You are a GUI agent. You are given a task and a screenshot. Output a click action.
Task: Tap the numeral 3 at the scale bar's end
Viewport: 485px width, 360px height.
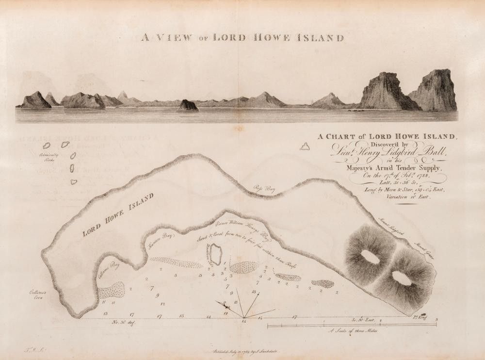(436, 319)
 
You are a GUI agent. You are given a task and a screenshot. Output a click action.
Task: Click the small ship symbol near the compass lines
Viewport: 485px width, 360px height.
(225, 304)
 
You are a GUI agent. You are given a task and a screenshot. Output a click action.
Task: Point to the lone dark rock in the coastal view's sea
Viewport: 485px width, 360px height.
(188, 105)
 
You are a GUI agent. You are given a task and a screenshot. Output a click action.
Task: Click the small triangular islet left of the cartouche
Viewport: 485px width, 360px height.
(304, 146)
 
